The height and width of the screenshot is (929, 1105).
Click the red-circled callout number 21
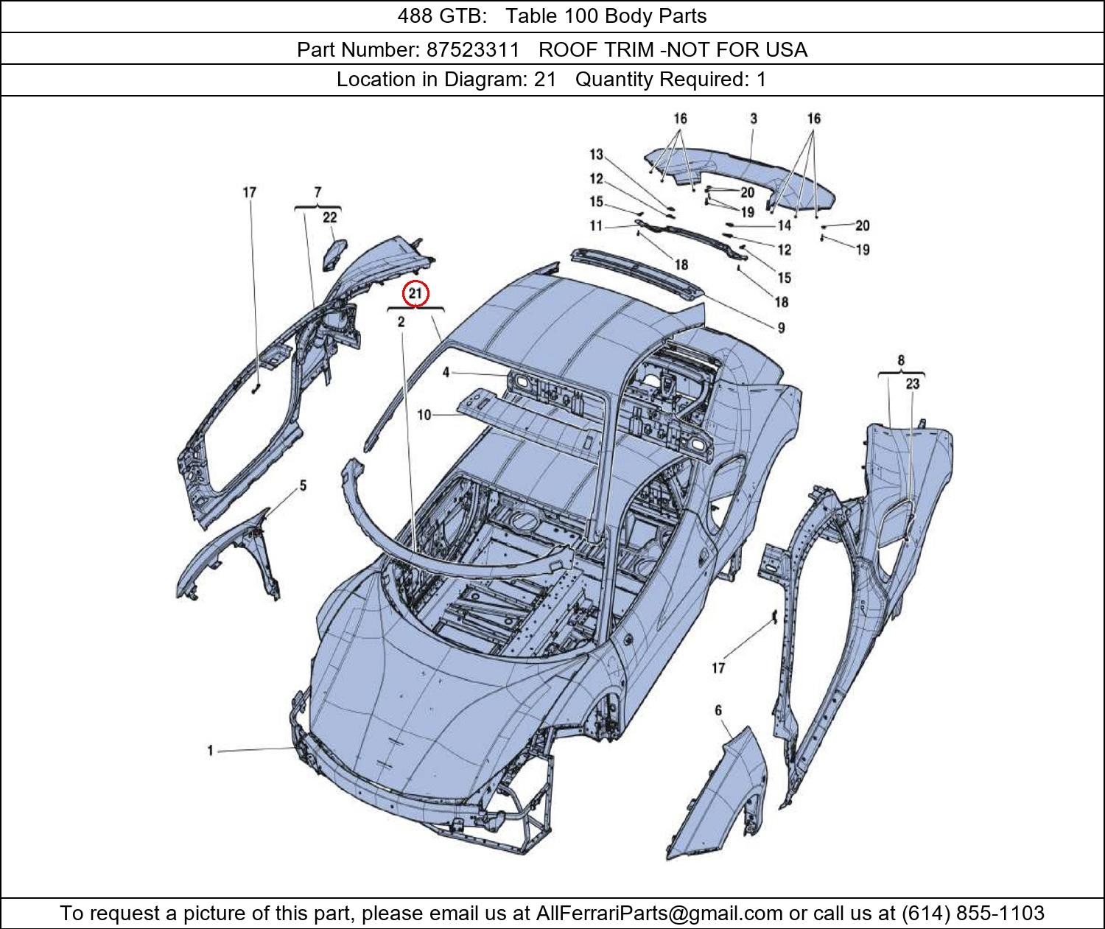coord(415,293)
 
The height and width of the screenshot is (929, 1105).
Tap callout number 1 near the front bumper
coord(210,751)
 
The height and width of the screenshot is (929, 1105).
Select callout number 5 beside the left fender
coord(302,486)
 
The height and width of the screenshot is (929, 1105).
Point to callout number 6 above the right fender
coord(718,710)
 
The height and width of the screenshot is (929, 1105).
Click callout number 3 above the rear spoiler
coord(754,119)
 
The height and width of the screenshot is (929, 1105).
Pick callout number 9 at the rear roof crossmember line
coord(781,328)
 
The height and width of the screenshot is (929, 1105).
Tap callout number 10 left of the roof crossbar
coord(424,416)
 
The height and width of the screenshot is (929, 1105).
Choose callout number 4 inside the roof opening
coord(446,373)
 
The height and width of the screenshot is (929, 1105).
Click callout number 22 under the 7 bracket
coord(329,217)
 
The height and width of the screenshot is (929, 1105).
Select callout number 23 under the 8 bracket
coord(913,384)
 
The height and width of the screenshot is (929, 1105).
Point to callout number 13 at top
coord(596,155)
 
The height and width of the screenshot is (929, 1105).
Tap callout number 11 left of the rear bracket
coord(596,225)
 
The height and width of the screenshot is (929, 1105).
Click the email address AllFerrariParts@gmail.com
coord(659,914)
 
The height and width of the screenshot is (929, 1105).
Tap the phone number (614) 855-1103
coord(972,914)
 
